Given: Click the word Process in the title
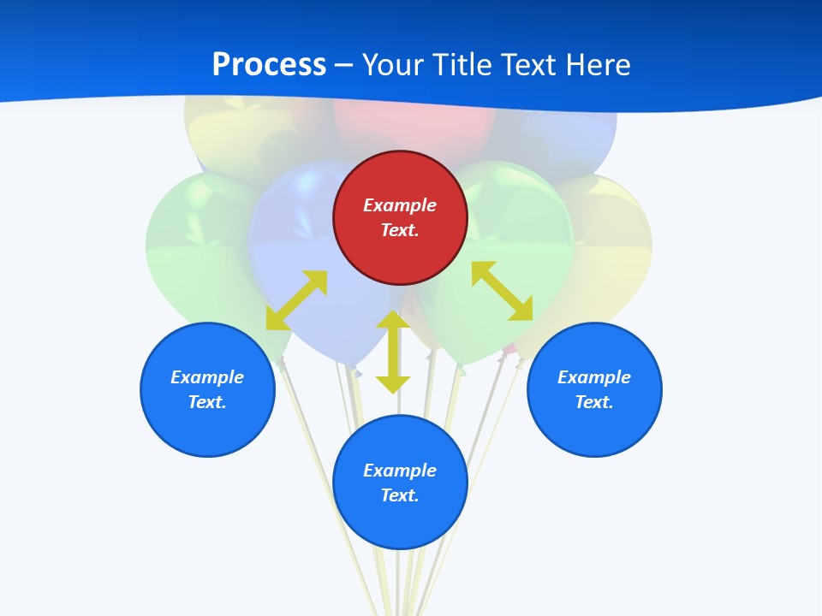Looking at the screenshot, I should (x=269, y=65).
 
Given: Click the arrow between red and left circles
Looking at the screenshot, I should (x=297, y=300).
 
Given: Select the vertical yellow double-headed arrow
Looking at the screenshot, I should (x=393, y=352).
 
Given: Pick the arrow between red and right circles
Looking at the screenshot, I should (x=502, y=291).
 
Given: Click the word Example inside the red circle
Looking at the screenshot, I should (x=400, y=205).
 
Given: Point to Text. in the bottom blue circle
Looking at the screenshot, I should (x=400, y=495).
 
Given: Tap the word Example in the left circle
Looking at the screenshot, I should (x=207, y=377).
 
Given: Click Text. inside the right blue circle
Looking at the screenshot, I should (x=594, y=402).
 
